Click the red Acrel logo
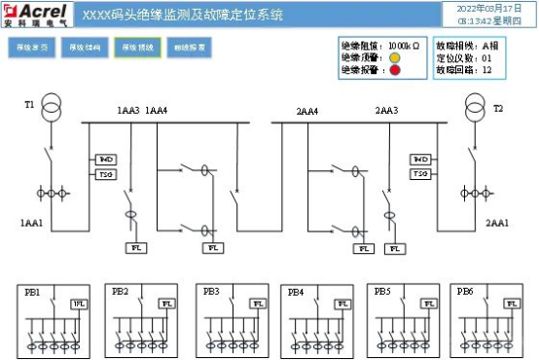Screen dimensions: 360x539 tap(36, 13)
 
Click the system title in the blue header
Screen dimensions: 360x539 tap(184, 15)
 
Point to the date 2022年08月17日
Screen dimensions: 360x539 tap(483, 7)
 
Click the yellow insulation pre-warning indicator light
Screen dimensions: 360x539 tap(396, 57)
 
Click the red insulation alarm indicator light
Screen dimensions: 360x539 tap(396, 70)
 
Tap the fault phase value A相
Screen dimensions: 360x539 tap(490, 45)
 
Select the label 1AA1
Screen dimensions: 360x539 tap(32, 223)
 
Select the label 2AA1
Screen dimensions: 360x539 tap(496, 223)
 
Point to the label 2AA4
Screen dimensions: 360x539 tap(307, 112)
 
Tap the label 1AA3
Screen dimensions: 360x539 tap(128, 112)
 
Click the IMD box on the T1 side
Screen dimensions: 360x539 tap(106, 159)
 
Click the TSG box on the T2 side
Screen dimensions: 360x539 tap(420, 173)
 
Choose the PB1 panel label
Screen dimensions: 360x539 tap(34, 291)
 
